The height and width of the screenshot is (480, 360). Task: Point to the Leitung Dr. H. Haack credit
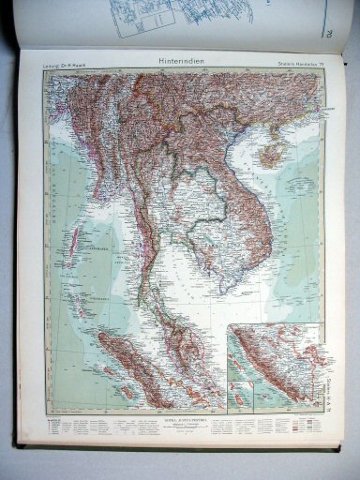[65, 64]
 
